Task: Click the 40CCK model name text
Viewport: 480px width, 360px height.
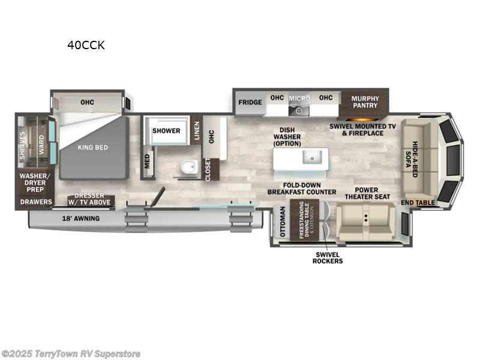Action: pos(86,45)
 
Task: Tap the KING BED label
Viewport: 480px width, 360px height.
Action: pos(92,148)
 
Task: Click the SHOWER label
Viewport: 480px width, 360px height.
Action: pos(166,131)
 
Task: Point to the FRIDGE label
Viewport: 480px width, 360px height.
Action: pos(250,102)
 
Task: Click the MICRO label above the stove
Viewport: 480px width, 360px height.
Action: pos(299,98)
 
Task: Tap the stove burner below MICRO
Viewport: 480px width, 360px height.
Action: pos(299,110)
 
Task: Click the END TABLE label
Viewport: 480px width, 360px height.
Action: pos(418,203)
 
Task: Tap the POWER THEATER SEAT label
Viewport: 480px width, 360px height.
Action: pos(368,193)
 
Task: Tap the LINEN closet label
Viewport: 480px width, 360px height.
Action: pos(197,131)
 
